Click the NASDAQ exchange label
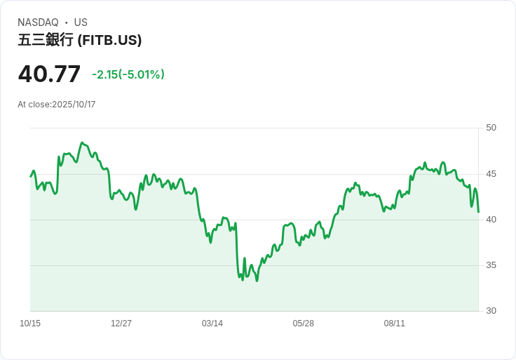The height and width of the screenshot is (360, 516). [38, 22]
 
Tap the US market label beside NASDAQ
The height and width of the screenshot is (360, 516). [81, 22]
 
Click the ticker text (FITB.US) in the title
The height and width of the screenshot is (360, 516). [109, 40]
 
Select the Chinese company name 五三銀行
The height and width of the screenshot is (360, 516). [46, 40]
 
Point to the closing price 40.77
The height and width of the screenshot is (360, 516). [49, 74]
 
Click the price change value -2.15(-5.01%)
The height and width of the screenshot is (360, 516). [128, 74]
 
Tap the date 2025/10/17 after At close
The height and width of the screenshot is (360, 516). [74, 105]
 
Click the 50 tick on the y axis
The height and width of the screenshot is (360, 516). [491, 128]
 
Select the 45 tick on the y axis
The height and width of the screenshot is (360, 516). [491, 174]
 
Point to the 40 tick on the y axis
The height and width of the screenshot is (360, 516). [491, 220]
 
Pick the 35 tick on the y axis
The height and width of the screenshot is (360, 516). [491, 265]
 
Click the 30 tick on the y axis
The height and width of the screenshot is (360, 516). [491, 311]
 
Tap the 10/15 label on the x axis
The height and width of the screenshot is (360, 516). [30, 324]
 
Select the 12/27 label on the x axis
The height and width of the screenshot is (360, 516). [121, 324]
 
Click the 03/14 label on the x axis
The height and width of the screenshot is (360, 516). [212, 324]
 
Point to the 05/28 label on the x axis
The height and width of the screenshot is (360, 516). [304, 324]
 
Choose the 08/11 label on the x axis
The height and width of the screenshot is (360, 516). [395, 324]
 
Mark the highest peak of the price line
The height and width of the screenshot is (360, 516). [82, 142]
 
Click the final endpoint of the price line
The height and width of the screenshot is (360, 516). [478, 212]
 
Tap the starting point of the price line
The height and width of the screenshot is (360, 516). [31, 176]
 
